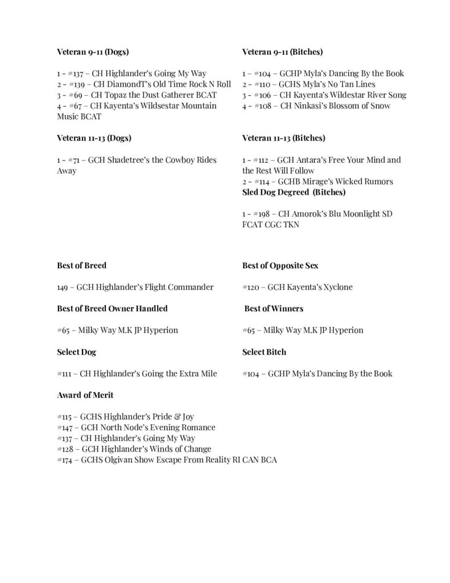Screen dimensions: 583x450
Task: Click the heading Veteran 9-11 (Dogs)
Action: pos(93,52)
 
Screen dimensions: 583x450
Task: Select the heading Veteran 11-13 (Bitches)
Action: pos(284,138)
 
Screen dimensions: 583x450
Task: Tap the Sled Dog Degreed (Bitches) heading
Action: pos(290,192)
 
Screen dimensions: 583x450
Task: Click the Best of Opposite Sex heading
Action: pos(276,265)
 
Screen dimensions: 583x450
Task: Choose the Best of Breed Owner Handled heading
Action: pos(112,309)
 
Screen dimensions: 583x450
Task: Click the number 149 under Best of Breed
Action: pos(63,287)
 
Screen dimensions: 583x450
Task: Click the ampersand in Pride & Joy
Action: pos(174,417)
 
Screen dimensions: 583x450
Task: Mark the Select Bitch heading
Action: pos(264,352)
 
